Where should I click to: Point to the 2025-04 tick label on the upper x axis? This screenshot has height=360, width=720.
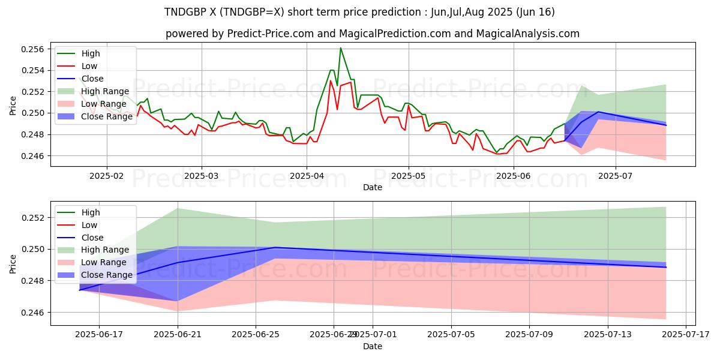tap(306, 175)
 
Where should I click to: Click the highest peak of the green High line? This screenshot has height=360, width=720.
tap(340, 48)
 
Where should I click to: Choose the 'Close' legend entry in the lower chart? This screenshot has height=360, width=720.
tap(92, 238)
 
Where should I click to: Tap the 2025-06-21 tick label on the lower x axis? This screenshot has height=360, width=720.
tap(178, 335)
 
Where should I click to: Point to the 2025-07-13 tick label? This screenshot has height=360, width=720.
tap(608, 335)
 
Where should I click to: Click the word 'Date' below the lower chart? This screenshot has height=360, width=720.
tap(373, 346)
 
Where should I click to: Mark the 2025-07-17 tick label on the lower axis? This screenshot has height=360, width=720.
tap(686, 335)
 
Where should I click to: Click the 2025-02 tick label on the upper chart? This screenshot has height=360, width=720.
tap(107, 175)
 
